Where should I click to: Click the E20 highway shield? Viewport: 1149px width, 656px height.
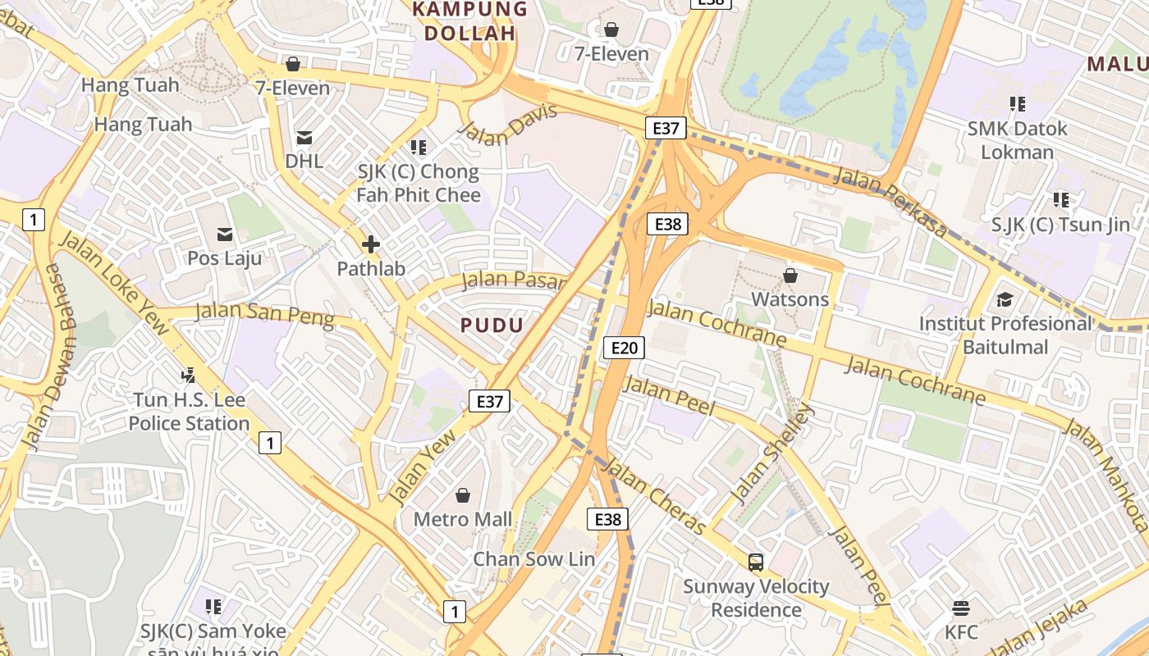point(624,348)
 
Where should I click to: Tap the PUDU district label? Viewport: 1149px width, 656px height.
point(492,326)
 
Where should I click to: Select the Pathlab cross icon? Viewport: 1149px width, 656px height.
point(371,244)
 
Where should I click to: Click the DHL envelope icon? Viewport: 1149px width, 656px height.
point(304,138)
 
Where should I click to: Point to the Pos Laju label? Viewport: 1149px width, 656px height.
point(225,258)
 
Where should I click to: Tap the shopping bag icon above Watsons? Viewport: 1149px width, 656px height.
point(790,276)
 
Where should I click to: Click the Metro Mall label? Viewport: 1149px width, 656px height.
point(463,519)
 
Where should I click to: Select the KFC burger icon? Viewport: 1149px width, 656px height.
point(961,608)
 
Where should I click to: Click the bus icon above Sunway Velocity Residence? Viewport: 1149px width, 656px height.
point(756,563)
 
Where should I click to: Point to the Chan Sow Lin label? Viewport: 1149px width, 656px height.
point(534,559)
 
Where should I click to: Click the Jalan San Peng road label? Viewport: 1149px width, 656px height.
point(265,314)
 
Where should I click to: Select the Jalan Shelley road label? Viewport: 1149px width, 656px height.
point(772,453)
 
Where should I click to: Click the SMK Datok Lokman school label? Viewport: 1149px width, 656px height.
point(1017,140)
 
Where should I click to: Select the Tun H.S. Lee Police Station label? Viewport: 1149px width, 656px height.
point(189,412)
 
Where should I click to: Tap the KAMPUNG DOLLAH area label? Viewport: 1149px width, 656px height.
point(469,21)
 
